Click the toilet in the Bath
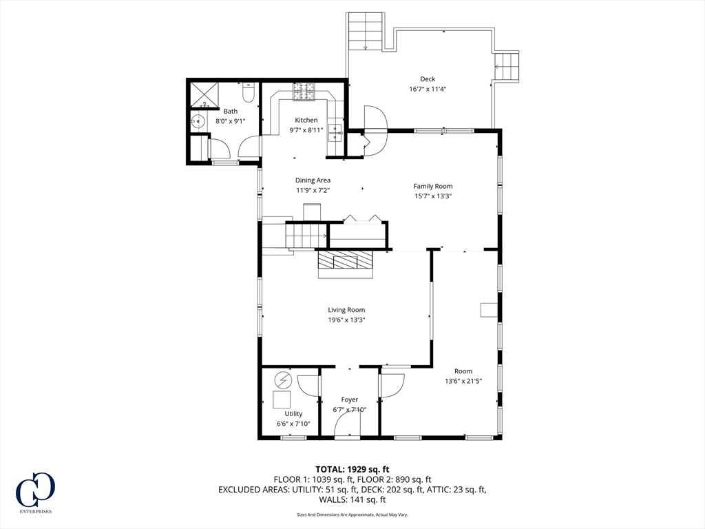248,92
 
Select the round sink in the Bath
198,121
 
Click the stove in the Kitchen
304,92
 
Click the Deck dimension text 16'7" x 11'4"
428,89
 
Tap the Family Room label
433,186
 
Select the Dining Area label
313,180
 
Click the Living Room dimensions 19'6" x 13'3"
346,320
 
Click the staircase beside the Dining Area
306,236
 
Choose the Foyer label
349,400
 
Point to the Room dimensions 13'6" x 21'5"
463,381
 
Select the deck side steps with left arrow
507,66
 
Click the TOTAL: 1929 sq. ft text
352,470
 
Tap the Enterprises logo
35,492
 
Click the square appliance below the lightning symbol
282,399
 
